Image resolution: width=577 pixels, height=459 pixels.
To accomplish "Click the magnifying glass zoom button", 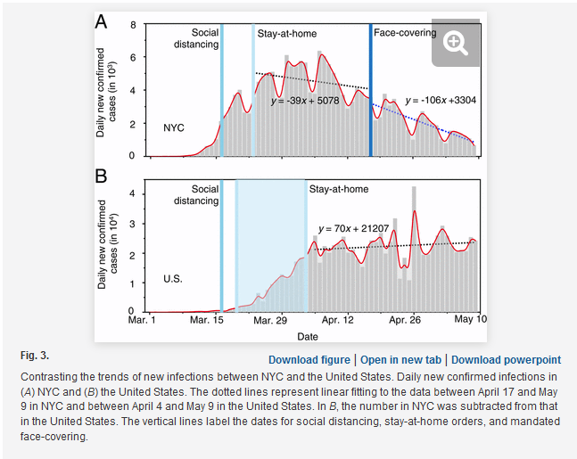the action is click(x=456, y=43).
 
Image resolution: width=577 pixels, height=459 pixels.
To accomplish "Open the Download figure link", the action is click(x=309, y=360).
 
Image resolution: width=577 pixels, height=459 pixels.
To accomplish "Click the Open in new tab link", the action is click(x=400, y=360).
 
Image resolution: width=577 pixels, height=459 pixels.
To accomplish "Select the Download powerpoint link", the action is click(x=506, y=360).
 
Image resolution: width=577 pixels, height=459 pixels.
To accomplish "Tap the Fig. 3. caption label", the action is click(x=35, y=356).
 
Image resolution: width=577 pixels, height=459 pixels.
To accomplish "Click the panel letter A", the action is click(x=101, y=21).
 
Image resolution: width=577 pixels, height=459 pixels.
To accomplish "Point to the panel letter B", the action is click(x=101, y=176).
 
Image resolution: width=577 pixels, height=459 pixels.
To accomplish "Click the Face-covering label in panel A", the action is click(x=405, y=33).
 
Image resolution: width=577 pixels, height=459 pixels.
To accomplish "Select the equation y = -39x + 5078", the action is click(x=305, y=101).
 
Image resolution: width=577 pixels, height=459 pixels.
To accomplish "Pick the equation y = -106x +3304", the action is click(x=441, y=100).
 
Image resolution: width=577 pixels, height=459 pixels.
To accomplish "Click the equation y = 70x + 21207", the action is click(x=354, y=228).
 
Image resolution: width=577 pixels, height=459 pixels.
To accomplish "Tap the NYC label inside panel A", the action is click(x=174, y=127).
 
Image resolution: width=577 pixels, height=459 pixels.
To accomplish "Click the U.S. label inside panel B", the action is click(x=173, y=278).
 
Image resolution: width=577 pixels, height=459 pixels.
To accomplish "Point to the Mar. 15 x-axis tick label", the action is click(x=206, y=320).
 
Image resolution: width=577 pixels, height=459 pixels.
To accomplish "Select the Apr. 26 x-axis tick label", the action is click(x=404, y=320).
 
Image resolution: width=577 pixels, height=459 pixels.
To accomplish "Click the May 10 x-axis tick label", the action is click(x=470, y=319).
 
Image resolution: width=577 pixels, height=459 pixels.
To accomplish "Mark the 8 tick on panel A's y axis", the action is click(x=133, y=25).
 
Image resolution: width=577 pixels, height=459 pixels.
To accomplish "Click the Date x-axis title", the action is click(x=308, y=337).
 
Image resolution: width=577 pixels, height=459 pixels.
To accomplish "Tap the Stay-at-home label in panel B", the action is click(x=339, y=189).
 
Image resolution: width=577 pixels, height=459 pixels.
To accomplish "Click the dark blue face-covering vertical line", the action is click(x=371, y=90).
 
